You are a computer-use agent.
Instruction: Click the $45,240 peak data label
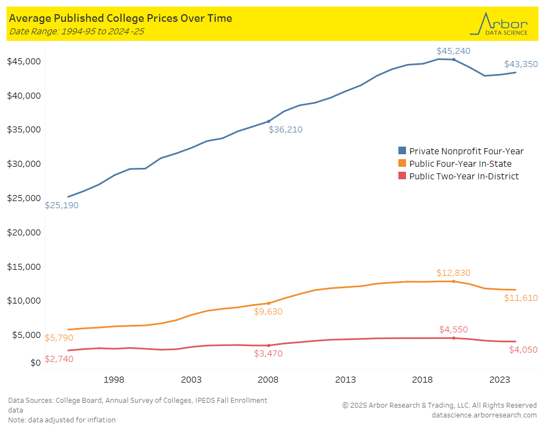coord(453,51)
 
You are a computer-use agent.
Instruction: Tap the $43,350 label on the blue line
coord(520,64)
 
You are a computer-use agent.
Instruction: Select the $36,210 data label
coord(285,130)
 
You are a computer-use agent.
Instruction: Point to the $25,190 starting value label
coord(62,205)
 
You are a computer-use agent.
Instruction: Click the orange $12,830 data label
coord(453,273)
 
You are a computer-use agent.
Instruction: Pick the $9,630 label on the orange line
coord(271,312)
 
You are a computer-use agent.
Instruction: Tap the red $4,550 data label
coord(453,330)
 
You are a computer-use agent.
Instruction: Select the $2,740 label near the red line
coord(59,359)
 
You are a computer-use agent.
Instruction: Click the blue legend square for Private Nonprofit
coord(402,151)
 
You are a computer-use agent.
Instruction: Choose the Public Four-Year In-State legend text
coord(461,163)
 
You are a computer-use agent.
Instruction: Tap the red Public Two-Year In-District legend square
coord(402,176)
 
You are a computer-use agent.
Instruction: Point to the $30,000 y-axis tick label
coord(24,164)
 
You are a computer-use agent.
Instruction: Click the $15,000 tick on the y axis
coord(24,267)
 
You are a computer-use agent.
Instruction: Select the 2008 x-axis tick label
coord(268,379)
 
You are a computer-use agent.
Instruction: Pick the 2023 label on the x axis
coord(499,379)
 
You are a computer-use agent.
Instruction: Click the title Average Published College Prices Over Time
coord(120,19)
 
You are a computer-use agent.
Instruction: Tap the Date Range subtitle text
coord(76,31)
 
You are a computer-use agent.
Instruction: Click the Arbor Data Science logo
coord(502,25)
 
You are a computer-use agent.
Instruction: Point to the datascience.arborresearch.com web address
coord(483,415)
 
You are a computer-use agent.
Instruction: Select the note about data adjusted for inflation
coord(62,420)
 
